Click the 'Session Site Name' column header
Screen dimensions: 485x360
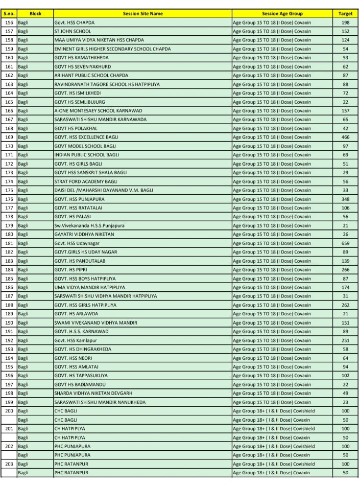(142, 14)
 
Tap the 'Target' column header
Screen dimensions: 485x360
(345, 14)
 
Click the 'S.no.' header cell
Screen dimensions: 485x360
(9, 14)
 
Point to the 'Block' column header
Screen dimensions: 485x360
(35, 14)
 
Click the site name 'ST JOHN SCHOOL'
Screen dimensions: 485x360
(73, 31)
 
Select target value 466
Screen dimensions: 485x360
(345, 137)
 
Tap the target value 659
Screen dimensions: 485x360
(345, 243)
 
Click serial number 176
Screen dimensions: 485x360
(9, 199)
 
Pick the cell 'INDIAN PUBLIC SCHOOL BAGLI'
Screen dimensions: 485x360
(86, 154)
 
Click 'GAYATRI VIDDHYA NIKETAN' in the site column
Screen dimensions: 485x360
(84, 234)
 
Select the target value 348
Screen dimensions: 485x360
(345, 199)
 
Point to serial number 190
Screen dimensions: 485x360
(9, 322)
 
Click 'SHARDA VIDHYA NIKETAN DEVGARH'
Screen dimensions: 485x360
(93, 393)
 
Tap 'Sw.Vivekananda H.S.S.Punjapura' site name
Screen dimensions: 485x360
(89, 225)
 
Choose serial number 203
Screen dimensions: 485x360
(9, 464)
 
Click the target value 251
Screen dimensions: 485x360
(345, 340)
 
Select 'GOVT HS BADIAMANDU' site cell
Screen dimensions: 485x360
(79, 384)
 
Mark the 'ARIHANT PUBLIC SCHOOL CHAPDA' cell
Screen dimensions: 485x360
(91, 75)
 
